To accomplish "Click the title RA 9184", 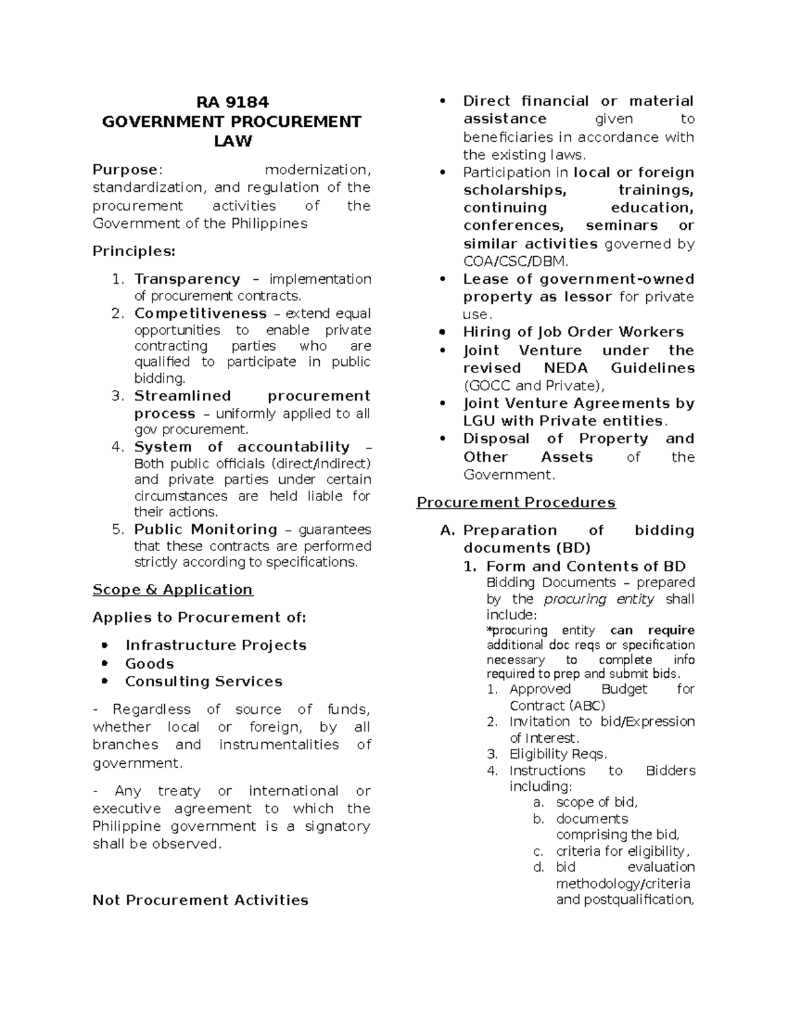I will coord(232,102).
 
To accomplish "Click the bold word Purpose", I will coord(125,170).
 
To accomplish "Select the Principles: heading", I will coord(134,252).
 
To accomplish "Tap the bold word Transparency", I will coord(187,279).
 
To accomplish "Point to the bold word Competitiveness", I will coord(200,313).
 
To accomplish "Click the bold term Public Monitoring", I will coord(206,529).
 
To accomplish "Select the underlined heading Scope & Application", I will coord(172,590).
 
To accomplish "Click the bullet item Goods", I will coord(150,663).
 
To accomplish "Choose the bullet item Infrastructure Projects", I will coord(216,645).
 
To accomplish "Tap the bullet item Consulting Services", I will coord(204,681).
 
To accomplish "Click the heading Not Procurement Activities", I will coord(200,900).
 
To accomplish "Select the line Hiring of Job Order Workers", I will coord(573,332).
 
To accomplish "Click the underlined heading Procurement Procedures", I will coord(516,502).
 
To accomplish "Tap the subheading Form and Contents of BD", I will coord(586,566).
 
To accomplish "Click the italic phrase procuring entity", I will coord(599,599).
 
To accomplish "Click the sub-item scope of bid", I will coord(596,802).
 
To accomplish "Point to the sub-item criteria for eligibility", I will coord(622,851).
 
